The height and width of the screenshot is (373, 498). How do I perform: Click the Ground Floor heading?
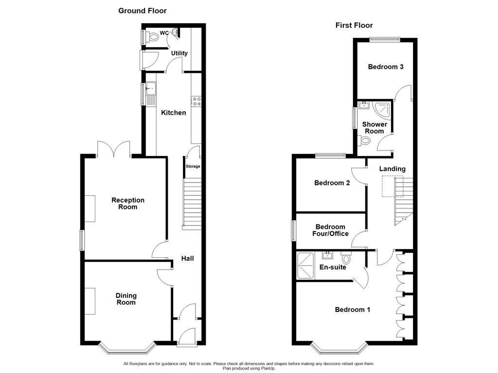tap(142, 11)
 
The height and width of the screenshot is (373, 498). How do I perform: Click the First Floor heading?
tap(354, 25)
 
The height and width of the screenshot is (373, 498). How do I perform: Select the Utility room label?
tap(179, 53)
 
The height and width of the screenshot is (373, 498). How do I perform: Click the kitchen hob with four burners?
tap(197, 102)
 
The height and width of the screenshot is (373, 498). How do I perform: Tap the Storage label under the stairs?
tap(193, 167)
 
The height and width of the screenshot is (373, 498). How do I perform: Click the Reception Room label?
tap(128, 203)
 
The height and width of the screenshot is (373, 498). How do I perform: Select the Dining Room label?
tap(126, 299)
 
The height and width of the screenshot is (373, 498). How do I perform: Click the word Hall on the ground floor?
tap(188, 258)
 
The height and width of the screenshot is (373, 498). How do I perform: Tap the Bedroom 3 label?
tap(386, 67)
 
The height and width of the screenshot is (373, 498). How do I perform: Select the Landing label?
tap(392, 169)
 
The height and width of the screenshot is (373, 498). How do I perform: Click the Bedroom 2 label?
tap(332, 183)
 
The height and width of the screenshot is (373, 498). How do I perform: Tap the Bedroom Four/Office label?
tap(331, 230)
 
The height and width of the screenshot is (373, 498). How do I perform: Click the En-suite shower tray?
tap(305, 265)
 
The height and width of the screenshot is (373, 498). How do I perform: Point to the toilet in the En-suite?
tap(346, 257)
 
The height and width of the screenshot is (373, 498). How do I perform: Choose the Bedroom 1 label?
tap(353, 310)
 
